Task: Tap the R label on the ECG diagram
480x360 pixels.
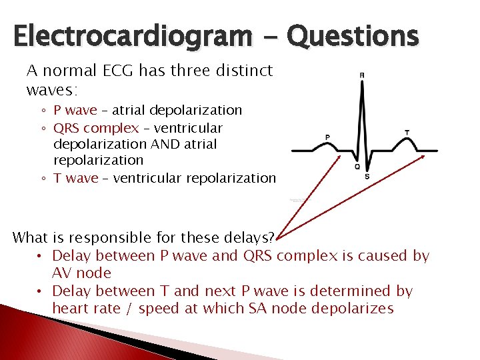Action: coord(361,75)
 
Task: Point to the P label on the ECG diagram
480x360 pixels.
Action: coord(327,137)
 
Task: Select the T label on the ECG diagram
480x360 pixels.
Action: coord(407,133)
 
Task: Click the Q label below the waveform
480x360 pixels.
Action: coord(357,167)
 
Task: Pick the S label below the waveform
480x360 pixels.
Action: coord(367,176)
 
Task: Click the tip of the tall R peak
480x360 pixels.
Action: coord(361,84)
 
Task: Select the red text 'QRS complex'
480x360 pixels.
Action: coord(96,128)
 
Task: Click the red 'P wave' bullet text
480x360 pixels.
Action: coord(75,110)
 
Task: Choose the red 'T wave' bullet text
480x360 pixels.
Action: coord(75,178)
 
